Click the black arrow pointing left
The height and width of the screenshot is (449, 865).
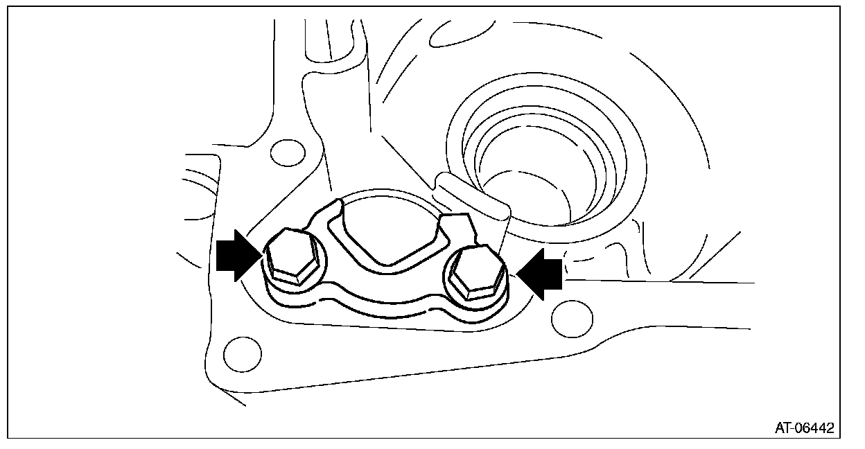(x=541, y=276)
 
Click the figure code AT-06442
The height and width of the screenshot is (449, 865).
(x=804, y=428)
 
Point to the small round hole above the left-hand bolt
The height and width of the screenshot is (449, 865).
(x=287, y=152)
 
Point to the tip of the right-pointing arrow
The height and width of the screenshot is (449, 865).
(x=261, y=256)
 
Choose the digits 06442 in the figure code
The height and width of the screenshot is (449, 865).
(x=814, y=428)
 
